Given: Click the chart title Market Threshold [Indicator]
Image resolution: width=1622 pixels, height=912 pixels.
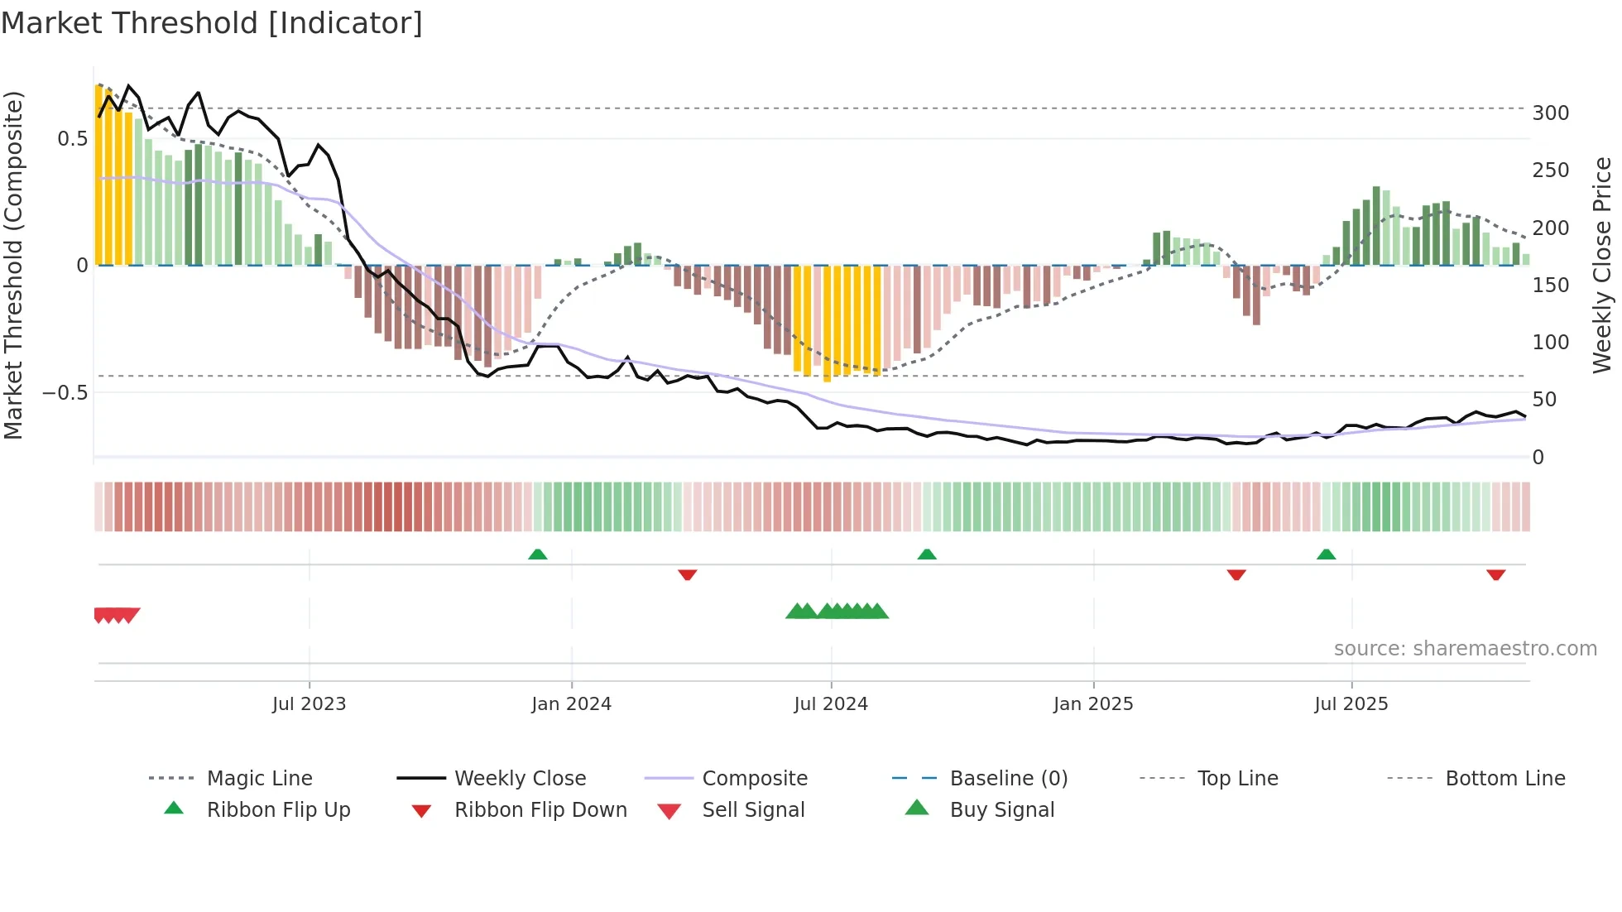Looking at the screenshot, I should point(212,23).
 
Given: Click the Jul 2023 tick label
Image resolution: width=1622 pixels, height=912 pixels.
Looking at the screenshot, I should point(309,704).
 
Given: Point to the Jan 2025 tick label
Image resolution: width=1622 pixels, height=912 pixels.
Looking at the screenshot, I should point(1093,704).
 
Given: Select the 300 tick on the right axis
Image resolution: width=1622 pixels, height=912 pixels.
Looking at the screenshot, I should point(1550,113).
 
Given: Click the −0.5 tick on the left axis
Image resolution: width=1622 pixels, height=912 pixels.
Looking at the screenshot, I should point(65,393).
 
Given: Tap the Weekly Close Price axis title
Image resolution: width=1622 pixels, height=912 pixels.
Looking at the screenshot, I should point(1602,265).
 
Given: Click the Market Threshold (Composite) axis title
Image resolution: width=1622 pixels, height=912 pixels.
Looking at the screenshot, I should point(13,265).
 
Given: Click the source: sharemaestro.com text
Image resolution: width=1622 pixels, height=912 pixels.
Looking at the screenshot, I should point(1465,649).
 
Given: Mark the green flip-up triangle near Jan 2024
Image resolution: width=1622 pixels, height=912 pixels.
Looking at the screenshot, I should point(538,554).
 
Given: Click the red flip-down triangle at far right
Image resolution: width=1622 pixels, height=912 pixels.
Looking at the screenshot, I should point(1495,574).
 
